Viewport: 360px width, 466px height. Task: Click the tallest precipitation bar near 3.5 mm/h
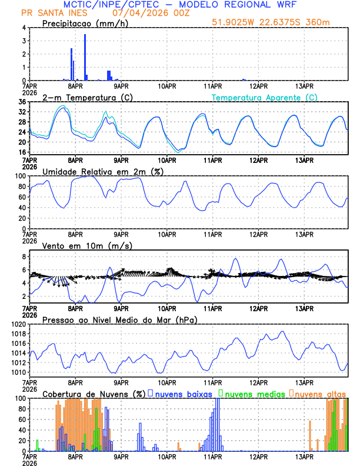pyautogui.click(x=85, y=57)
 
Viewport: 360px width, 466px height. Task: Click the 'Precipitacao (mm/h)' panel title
pyautogui.click(x=83, y=24)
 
